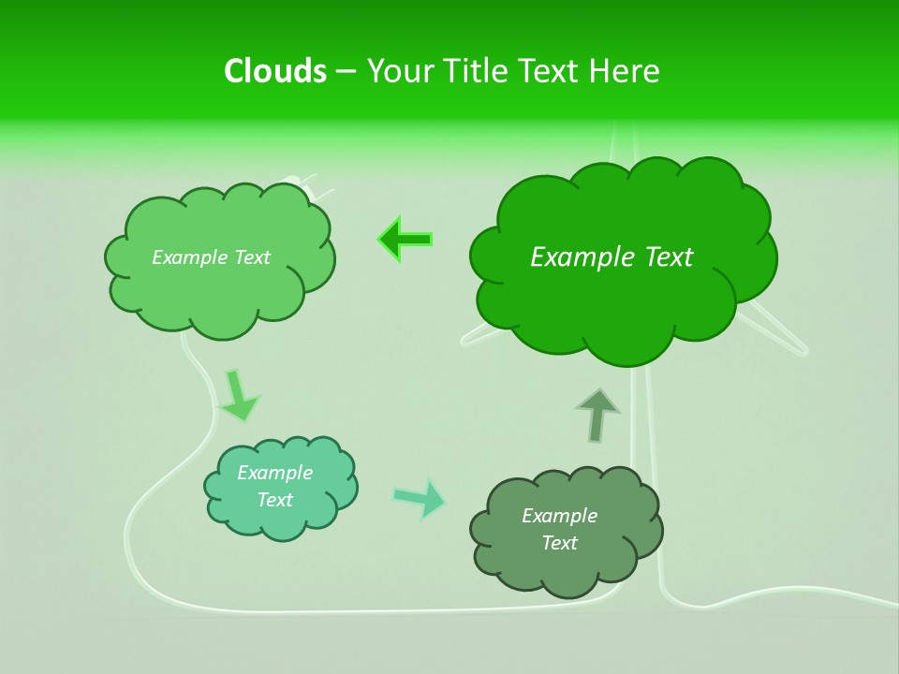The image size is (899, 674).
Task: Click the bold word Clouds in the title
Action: click(274, 70)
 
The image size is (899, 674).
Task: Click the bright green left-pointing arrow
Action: click(405, 240)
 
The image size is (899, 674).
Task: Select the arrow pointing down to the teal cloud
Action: click(238, 395)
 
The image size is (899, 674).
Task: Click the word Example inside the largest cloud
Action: click(581, 256)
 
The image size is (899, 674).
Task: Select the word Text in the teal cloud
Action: click(275, 500)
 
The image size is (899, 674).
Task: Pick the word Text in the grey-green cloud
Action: click(559, 543)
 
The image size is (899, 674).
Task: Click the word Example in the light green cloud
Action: click(190, 256)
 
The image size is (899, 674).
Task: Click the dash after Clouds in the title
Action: click(345, 71)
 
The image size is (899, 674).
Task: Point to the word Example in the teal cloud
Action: click(275, 473)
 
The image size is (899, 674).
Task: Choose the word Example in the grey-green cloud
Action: click(559, 516)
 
